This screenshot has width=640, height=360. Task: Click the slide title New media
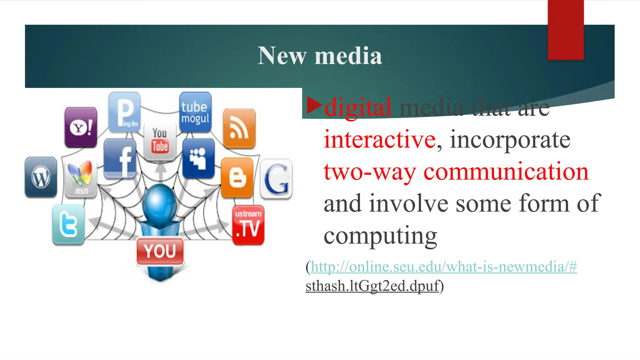[x=320, y=56]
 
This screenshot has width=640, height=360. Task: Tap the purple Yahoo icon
[x=81, y=127]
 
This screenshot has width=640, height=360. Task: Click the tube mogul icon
[x=195, y=112]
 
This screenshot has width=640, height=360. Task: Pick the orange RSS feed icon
[x=239, y=128]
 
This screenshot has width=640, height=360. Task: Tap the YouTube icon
[x=160, y=142]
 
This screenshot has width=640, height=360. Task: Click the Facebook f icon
[x=120, y=159]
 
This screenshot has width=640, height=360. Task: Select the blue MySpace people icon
[x=198, y=158]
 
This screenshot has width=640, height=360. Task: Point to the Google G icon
[x=276, y=179]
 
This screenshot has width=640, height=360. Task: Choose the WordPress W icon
[x=41, y=177]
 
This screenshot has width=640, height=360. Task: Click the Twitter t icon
[x=68, y=224]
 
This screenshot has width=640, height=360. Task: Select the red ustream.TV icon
[x=248, y=225]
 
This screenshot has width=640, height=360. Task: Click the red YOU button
[x=160, y=251]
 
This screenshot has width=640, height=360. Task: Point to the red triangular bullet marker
[x=314, y=105]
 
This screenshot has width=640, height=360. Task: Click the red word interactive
[x=380, y=139]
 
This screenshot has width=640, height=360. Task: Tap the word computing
[x=380, y=236]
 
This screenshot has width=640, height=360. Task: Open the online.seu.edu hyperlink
[x=444, y=267]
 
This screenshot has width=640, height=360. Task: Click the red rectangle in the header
[x=566, y=30]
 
